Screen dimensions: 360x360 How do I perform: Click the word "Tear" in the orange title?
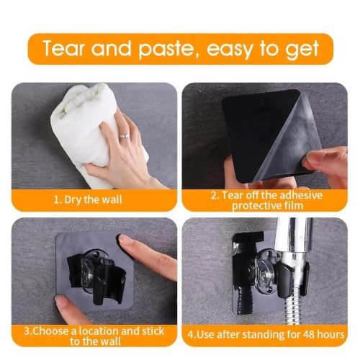click(63, 48)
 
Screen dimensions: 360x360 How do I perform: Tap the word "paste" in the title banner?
click(166, 50)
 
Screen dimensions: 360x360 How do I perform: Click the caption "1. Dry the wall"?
click(88, 199)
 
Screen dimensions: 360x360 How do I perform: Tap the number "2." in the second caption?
click(215, 195)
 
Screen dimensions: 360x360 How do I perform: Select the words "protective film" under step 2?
click(267, 206)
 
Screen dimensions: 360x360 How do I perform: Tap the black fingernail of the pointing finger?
click(119, 238)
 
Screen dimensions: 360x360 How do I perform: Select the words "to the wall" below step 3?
click(95, 341)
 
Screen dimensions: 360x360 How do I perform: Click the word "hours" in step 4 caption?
click(330, 334)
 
